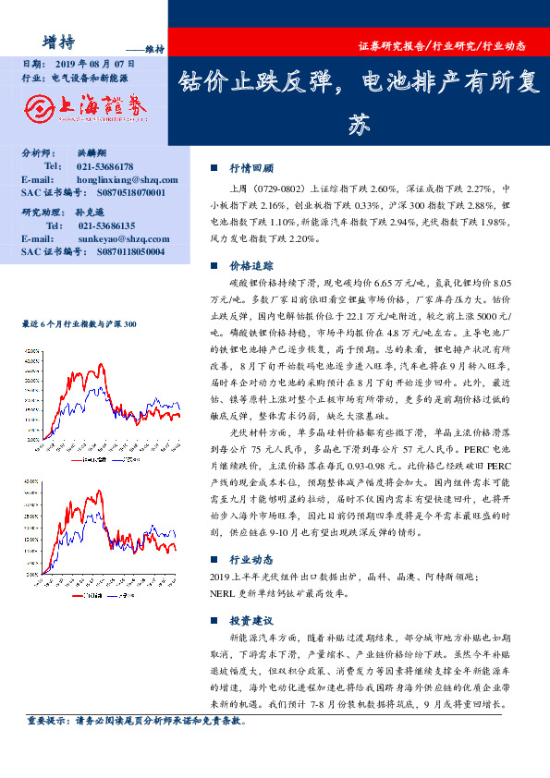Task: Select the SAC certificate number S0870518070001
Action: (x=130, y=192)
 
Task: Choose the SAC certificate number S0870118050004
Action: (x=130, y=250)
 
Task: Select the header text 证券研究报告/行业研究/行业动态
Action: (x=441, y=45)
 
